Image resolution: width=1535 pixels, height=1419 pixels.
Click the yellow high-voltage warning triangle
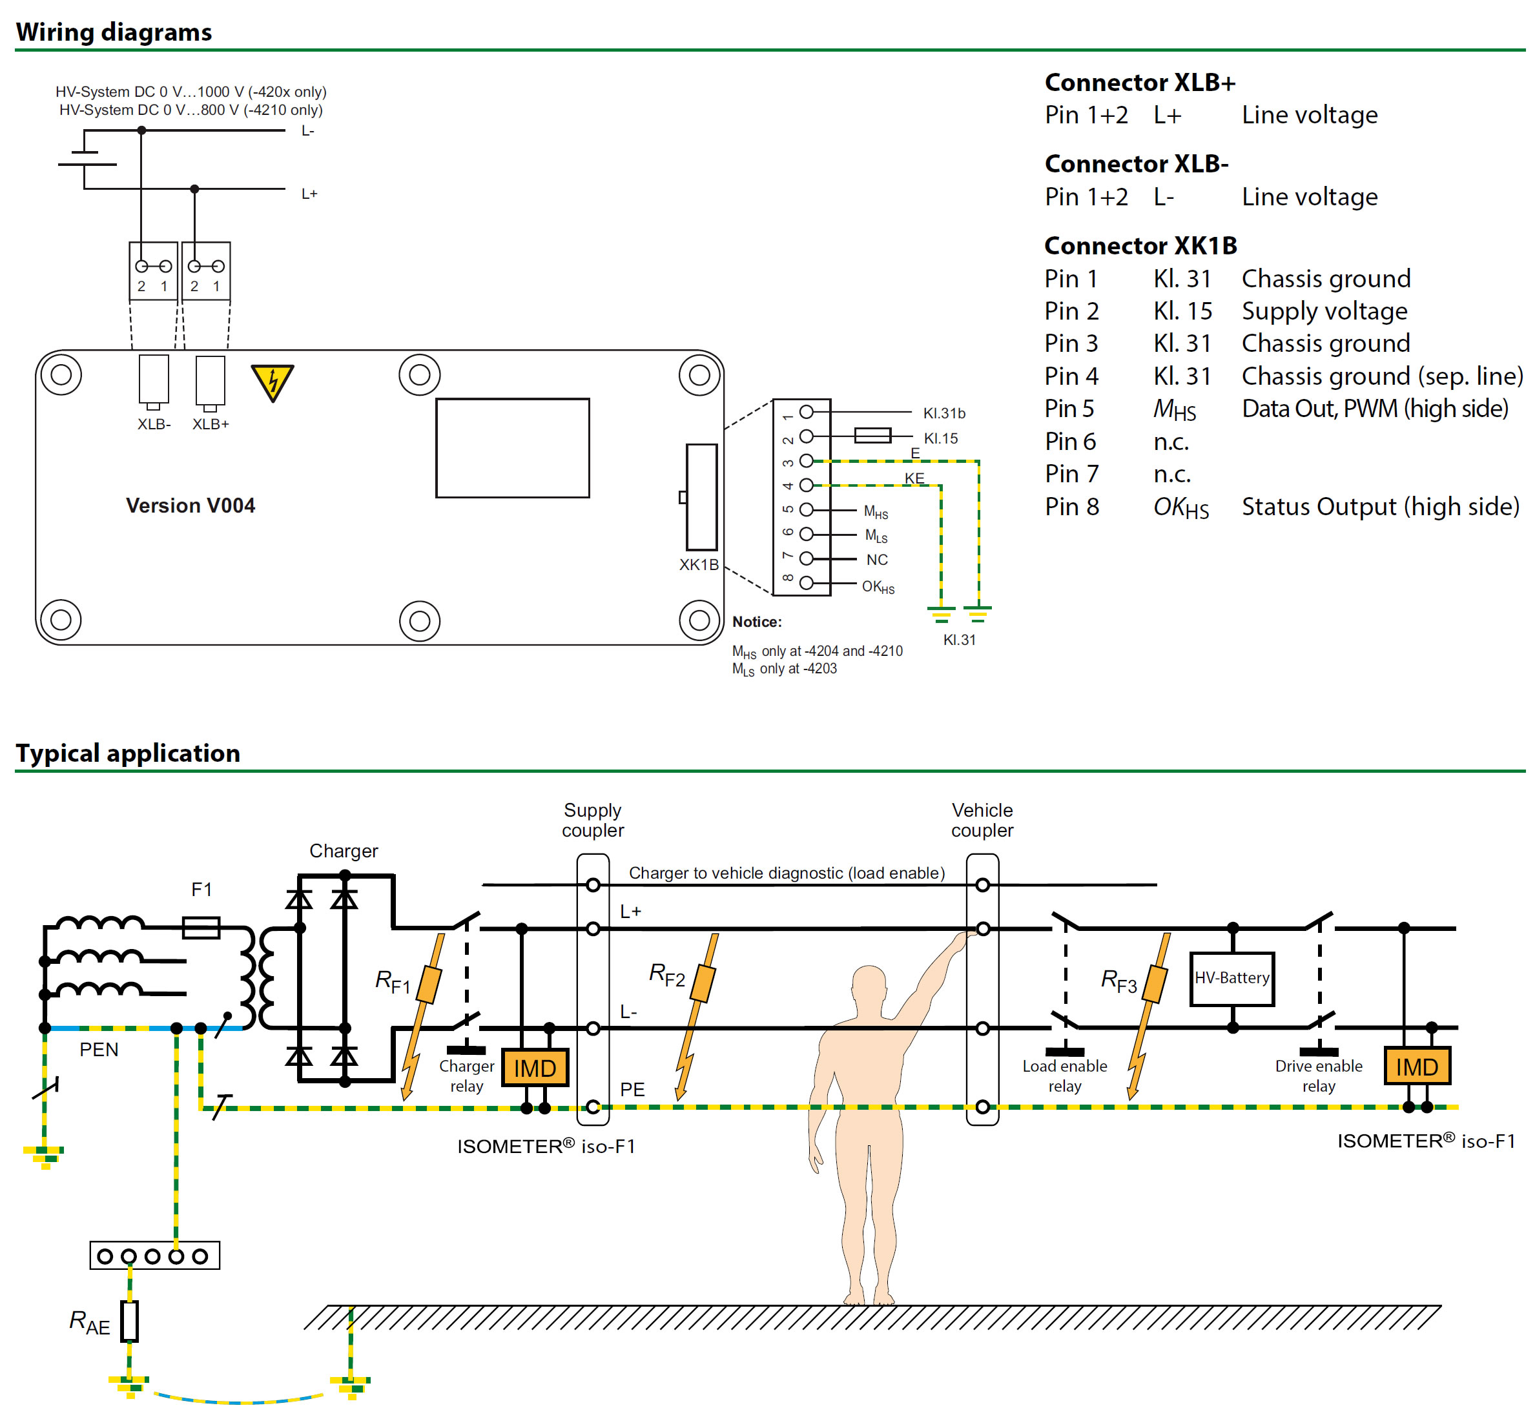(x=272, y=381)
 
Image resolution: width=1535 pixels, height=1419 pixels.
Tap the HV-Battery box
(x=1231, y=978)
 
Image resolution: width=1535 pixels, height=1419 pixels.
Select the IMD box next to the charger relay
(x=535, y=1067)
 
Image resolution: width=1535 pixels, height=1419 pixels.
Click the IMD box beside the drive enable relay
(x=1417, y=1066)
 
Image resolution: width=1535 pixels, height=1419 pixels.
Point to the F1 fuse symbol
(x=201, y=928)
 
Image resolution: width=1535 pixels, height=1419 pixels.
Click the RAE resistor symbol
(x=130, y=1322)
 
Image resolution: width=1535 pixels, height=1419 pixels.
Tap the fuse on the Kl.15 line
(x=872, y=435)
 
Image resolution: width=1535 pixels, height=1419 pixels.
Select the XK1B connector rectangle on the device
(x=701, y=497)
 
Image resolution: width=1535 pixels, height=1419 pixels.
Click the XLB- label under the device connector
(x=154, y=424)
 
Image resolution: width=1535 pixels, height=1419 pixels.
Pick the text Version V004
(x=191, y=505)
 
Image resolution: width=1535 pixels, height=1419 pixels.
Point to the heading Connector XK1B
(x=1140, y=246)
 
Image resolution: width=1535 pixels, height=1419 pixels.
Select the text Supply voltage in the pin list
(x=1324, y=311)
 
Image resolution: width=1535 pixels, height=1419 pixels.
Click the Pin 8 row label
(x=1071, y=507)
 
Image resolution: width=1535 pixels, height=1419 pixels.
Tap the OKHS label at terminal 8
(x=878, y=587)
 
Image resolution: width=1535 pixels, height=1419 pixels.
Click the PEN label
(x=99, y=1050)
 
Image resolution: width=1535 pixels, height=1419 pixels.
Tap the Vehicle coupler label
(x=982, y=820)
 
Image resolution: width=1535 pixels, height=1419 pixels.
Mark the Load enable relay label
(x=1064, y=1076)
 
